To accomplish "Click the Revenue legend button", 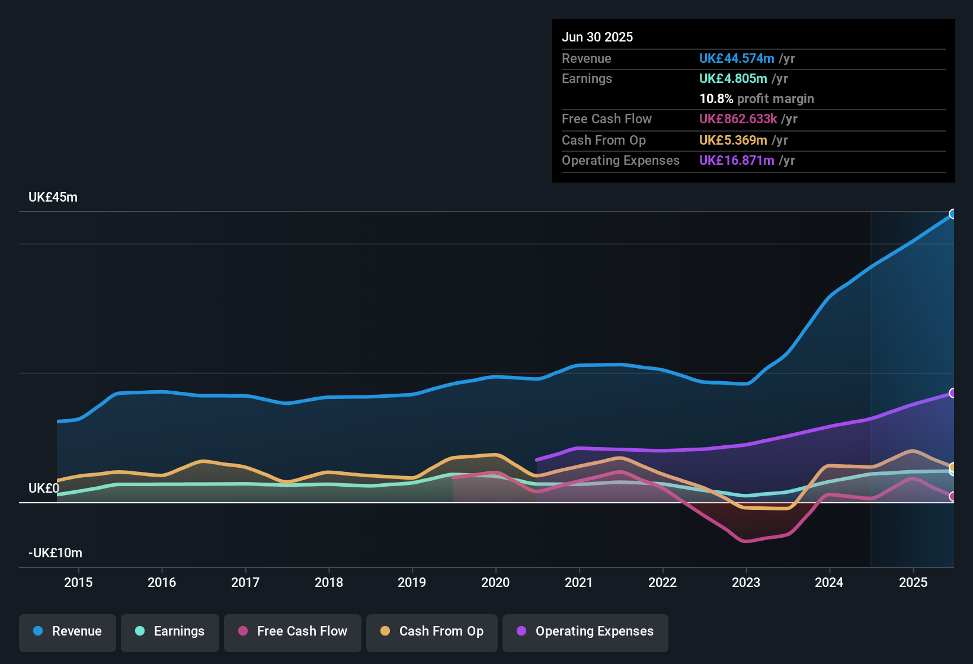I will (x=68, y=631).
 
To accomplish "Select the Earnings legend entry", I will (x=170, y=631).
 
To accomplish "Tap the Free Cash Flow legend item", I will (x=293, y=631).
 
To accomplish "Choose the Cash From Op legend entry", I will (x=432, y=631).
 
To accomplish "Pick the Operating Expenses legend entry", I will (x=585, y=631).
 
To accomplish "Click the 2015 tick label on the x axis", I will (x=78, y=582).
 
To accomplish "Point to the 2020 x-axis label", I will (x=495, y=582).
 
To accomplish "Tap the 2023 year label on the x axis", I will (x=745, y=582).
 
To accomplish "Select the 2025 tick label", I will (x=913, y=582).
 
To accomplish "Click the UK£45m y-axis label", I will (x=53, y=197).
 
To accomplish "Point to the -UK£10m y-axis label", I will (x=55, y=553).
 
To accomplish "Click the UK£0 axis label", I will (x=43, y=489).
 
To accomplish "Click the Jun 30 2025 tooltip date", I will (x=597, y=37).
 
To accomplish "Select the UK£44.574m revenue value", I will (x=737, y=58).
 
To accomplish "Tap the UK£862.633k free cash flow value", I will (x=738, y=119).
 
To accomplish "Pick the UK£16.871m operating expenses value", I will (x=737, y=160).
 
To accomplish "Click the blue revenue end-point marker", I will (x=952, y=214).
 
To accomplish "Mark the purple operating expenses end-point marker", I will (x=952, y=393).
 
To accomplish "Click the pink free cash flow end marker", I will (x=952, y=497).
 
